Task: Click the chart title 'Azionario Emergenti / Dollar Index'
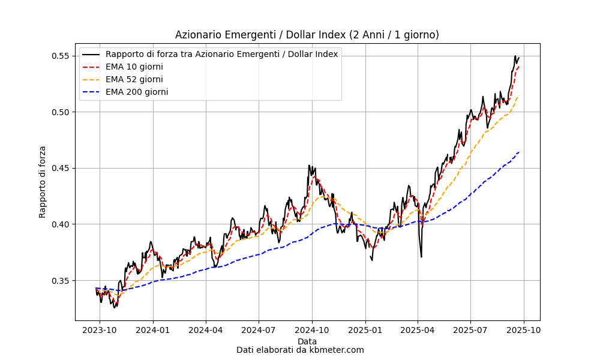point(307,35)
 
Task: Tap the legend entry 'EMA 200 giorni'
point(136,92)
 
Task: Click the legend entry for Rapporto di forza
point(221,54)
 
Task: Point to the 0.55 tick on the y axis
point(62,56)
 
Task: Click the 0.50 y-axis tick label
point(62,112)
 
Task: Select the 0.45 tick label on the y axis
point(62,168)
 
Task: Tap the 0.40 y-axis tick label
point(62,224)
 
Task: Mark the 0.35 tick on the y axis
point(62,281)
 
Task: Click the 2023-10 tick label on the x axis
point(100,331)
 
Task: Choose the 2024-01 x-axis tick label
point(153,331)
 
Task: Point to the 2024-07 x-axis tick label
point(259,331)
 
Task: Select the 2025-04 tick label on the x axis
point(418,331)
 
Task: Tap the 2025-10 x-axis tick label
point(524,331)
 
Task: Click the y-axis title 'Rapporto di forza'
point(43,182)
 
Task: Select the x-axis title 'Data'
point(307,341)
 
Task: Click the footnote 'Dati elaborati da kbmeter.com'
point(300,350)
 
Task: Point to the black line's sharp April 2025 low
point(421,257)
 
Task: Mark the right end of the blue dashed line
point(519,152)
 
